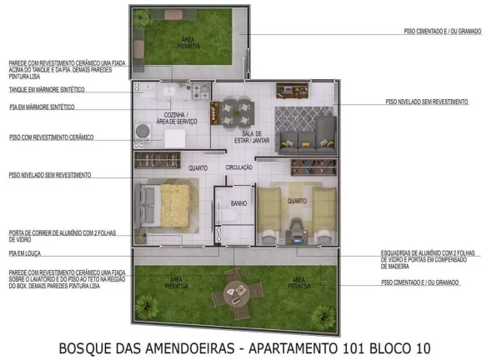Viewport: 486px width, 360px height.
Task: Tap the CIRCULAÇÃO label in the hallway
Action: [239, 167]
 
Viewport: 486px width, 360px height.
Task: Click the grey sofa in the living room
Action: [305, 136]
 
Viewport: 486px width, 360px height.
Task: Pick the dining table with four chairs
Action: [236, 109]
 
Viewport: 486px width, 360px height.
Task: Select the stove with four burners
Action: [200, 89]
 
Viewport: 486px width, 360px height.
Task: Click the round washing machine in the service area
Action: [143, 131]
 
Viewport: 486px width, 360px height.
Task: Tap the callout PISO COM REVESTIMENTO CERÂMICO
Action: [51, 137]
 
